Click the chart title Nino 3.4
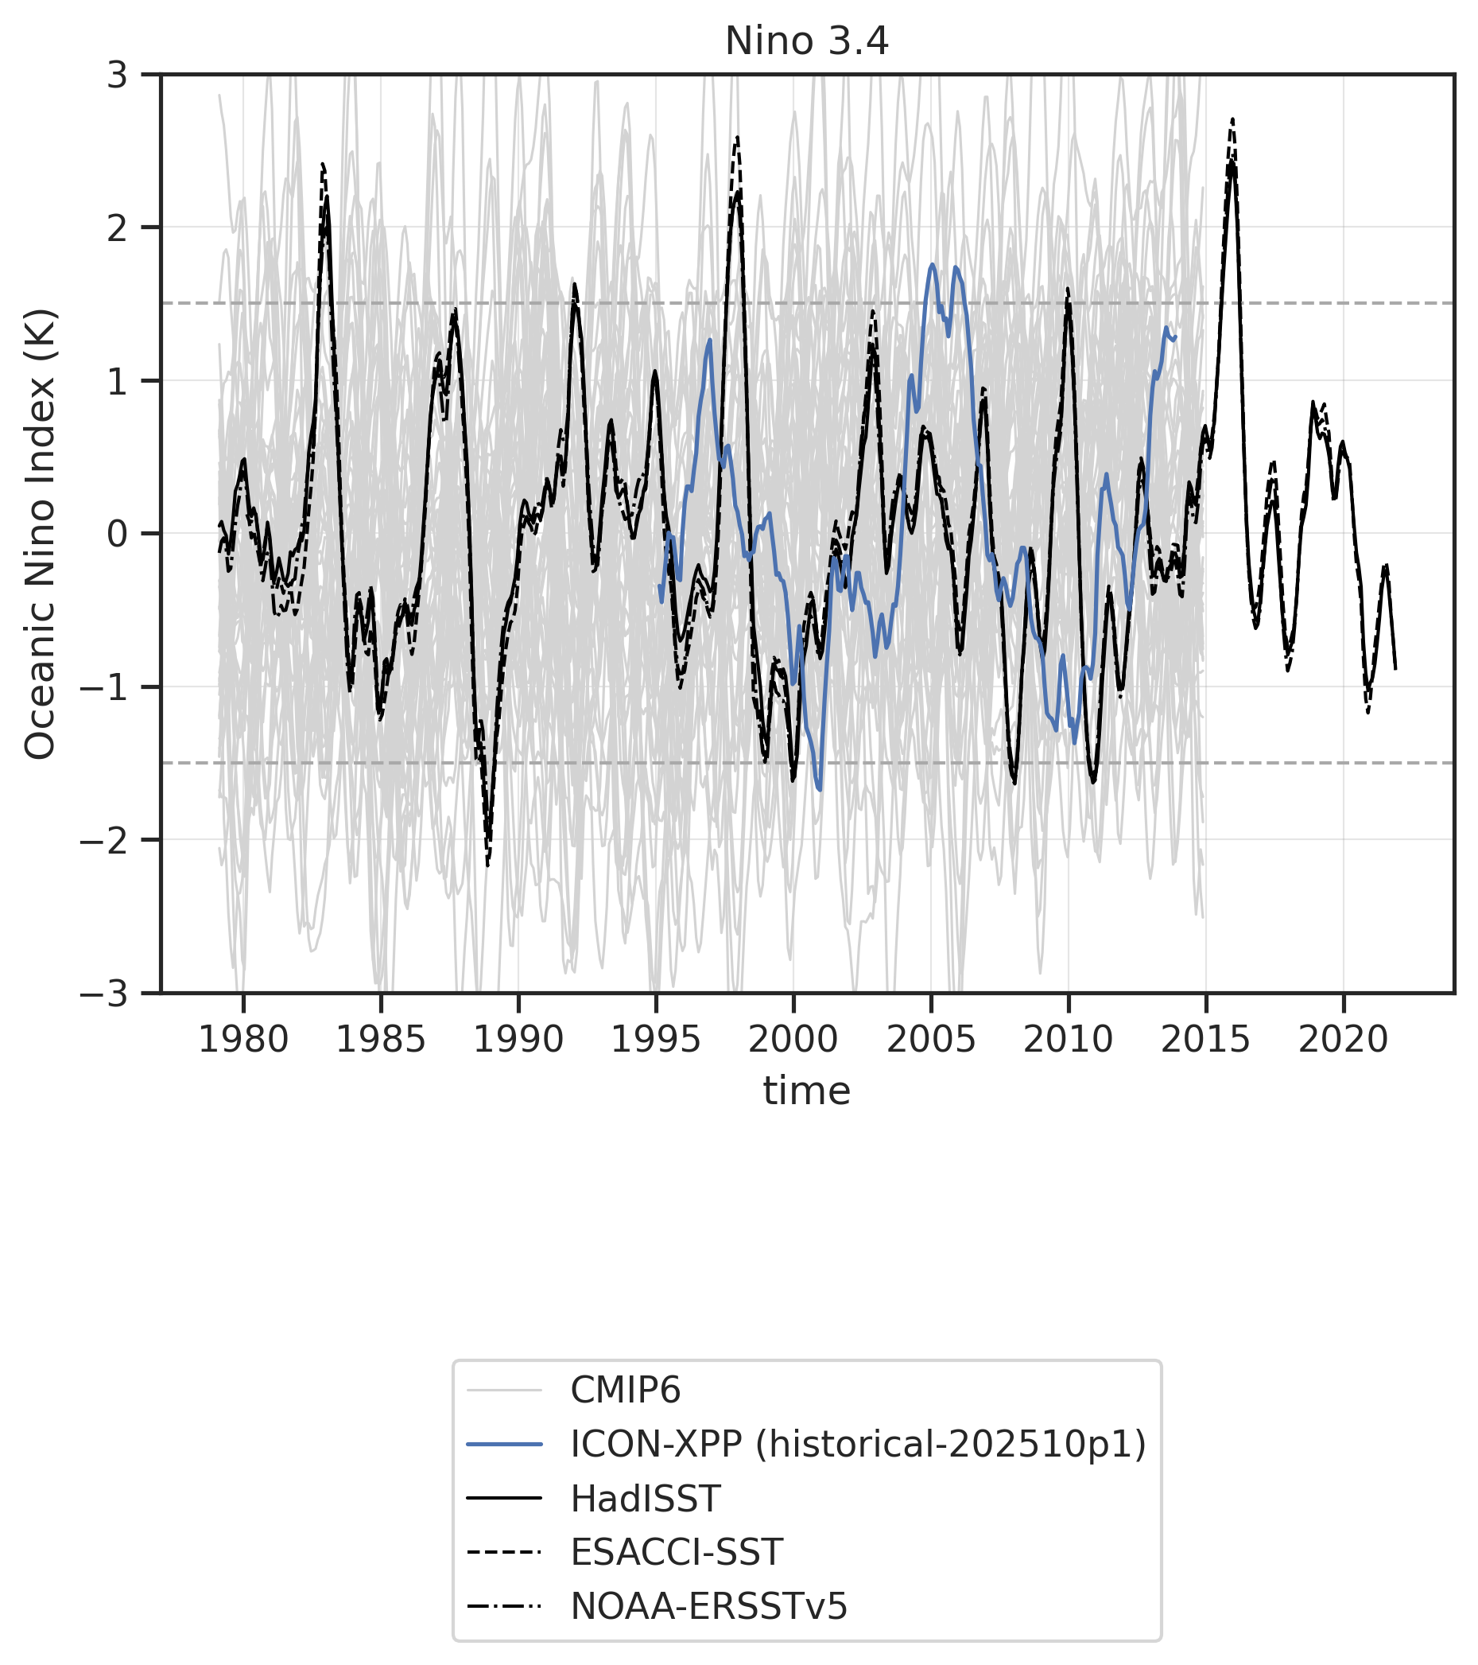coord(806,41)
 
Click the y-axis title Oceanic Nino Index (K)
coord(39,534)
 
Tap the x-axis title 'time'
coord(806,1091)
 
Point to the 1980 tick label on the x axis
coord(243,1041)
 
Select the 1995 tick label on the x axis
coord(656,1041)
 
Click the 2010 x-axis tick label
coord(1068,1041)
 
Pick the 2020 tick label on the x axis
coord(1342,1041)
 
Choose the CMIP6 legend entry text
coord(625,1391)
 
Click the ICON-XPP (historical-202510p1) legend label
coord(858,1445)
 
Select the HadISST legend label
coord(645,1499)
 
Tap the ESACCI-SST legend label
coord(676,1553)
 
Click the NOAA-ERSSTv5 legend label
coord(708,1606)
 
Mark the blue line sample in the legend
coord(504,1445)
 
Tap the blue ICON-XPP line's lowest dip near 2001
coord(819,789)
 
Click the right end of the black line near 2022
coord(1395,668)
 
